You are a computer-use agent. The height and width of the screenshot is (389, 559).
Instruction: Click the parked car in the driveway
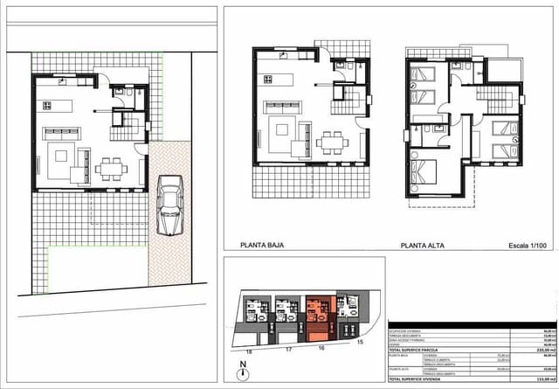(x=169, y=205)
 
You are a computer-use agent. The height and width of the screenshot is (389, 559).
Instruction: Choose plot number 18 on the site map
(x=249, y=351)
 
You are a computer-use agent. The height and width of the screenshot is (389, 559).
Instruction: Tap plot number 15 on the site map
(x=360, y=342)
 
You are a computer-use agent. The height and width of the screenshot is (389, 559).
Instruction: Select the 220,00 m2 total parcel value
(x=542, y=349)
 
